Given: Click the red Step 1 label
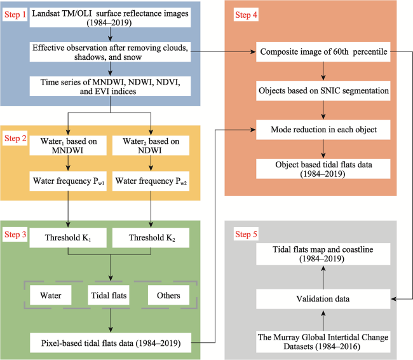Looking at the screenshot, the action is [x=15, y=15].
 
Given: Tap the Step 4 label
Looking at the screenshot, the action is [x=246, y=15].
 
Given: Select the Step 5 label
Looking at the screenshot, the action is [x=246, y=234].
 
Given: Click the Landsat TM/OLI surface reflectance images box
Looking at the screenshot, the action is [x=110, y=18].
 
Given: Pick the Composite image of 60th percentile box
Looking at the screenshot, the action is [x=323, y=52].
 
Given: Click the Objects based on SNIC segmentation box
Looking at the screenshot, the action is [x=323, y=91].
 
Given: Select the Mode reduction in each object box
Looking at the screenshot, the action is [x=323, y=130].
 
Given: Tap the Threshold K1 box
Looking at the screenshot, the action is [x=68, y=238].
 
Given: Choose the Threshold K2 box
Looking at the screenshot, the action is [x=151, y=238].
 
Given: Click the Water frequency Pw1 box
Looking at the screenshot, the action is [x=68, y=181].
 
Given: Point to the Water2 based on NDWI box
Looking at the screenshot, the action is [x=151, y=145].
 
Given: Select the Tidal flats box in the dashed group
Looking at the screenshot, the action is [x=109, y=295].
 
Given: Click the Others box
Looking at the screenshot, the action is [x=168, y=295].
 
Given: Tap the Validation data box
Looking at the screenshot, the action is [x=323, y=299].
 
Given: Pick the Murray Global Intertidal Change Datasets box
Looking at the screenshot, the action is [x=323, y=342].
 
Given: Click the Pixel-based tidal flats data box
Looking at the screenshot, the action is [x=111, y=343].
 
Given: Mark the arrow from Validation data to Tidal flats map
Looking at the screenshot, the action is [x=323, y=277].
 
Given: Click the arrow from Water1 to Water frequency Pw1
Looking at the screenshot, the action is [x=68, y=163].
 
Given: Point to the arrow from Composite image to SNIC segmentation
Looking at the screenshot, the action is [x=323, y=71].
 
